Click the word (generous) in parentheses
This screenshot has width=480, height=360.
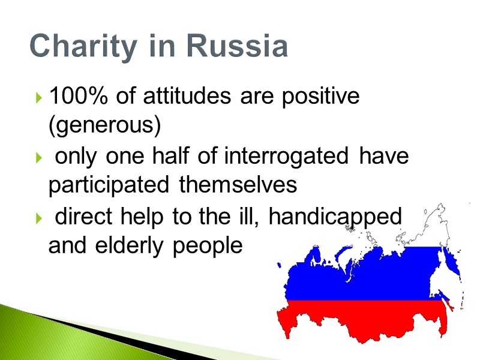pyautogui.click(x=104, y=126)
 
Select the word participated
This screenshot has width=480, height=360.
pyautogui.click(x=109, y=185)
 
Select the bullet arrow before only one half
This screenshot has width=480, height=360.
pyautogui.click(x=39, y=158)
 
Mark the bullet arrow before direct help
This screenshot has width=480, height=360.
pyautogui.click(x=39, y=217)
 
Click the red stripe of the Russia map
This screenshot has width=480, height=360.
pyautogui.click(x=360, y=321)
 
